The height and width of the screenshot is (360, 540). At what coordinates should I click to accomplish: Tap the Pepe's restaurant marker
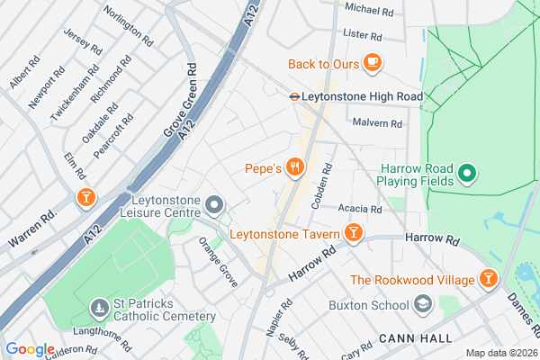coord(293,166)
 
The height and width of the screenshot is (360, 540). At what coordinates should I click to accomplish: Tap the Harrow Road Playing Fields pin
coord(467,173)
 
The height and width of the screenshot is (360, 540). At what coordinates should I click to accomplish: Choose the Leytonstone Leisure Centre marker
coord(213,207)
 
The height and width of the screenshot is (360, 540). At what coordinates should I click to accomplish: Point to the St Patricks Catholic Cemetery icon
coord(98,310)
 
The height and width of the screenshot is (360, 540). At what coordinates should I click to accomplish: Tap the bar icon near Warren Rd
coord(85,197)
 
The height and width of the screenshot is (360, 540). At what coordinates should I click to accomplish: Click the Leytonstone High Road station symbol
coord(294,94)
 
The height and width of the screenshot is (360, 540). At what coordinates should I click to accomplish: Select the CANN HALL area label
coord(410,337)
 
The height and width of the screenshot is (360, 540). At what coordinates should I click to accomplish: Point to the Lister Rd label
coord(363,35)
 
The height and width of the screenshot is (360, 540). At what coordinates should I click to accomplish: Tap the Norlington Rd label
coord(128,24)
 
